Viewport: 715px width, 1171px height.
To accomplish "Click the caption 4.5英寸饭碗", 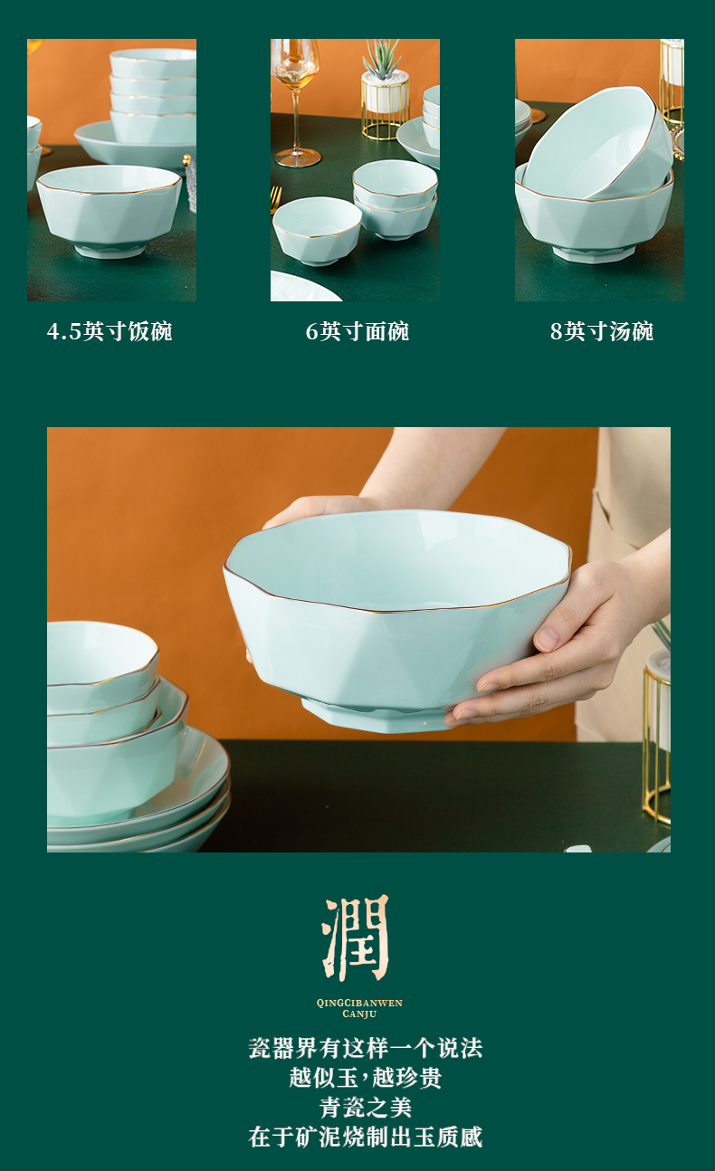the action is [x=110, y=331].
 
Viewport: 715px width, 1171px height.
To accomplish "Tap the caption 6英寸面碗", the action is [x=357, y=331].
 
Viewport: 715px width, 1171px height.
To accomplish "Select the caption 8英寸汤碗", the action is [x=602, y=331].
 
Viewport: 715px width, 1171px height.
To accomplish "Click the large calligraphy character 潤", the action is [x=357, y=938].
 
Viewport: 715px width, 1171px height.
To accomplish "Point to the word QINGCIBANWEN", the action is [x=359, y=1003].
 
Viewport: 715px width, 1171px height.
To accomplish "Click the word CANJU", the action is [x=359, y=1014].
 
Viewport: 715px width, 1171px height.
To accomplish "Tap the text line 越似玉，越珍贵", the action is [x=366, y=1078].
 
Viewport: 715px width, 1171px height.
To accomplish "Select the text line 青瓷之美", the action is [x=366, y=1107].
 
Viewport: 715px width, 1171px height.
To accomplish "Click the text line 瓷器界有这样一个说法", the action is [x=366, y=1048].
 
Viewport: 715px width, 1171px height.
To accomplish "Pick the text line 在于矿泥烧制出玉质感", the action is [x=366, y=1137].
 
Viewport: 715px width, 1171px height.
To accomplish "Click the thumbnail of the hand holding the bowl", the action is [x=358, y=640].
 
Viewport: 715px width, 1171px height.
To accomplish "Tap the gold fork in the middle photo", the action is [x=275, y=200].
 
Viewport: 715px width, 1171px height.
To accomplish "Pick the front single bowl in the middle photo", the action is [x=318, y=231].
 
